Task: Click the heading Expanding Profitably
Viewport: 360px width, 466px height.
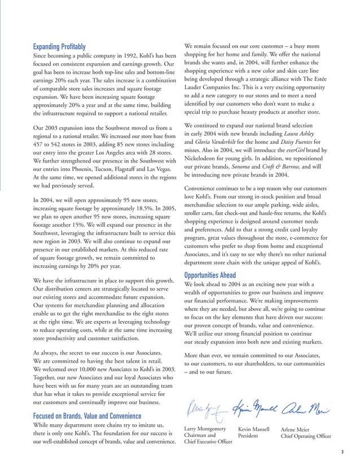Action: pyautogui.click(x=60, y=46)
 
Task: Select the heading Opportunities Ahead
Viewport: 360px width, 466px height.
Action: pyautogui.click(x=210, y=275)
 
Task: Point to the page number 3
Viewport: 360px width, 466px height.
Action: pyautogui.click(x=343, y=452)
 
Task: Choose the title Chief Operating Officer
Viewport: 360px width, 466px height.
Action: pyautogui.click(x=306, y=437)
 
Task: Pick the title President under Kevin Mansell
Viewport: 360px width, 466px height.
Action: pyautogui.click(x=249, y=437)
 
